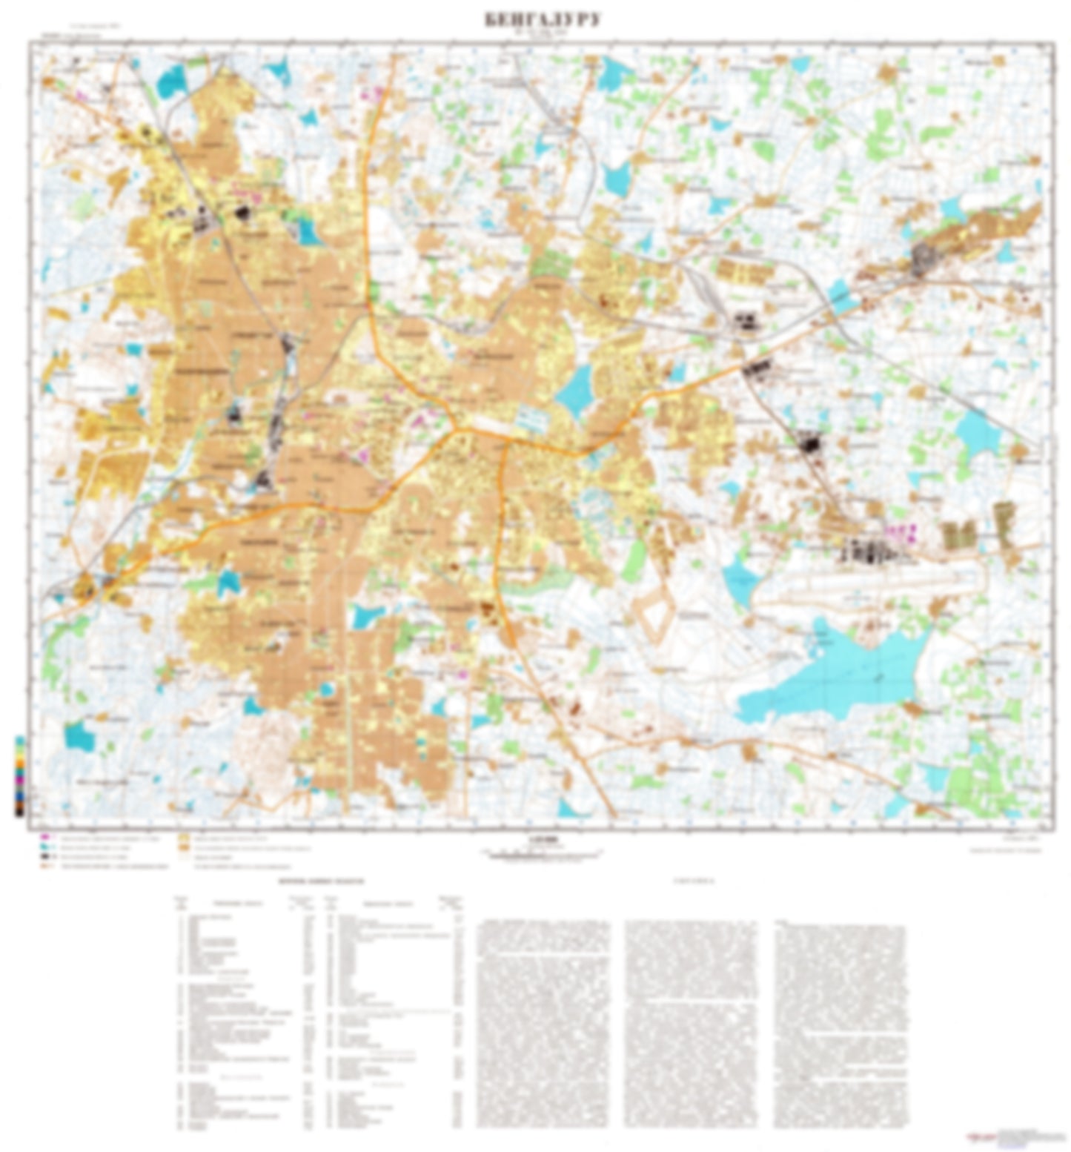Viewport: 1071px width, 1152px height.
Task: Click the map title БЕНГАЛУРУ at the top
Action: pyautogui.click(x=543, y=20)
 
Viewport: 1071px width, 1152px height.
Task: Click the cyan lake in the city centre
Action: pyautogui.click(x=574, y=389)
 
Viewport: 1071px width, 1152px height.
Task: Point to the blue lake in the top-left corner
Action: pyautogui.click(x=171, y=80)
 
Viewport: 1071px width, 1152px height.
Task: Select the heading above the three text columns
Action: pyautogui.click(x=689, y=881)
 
